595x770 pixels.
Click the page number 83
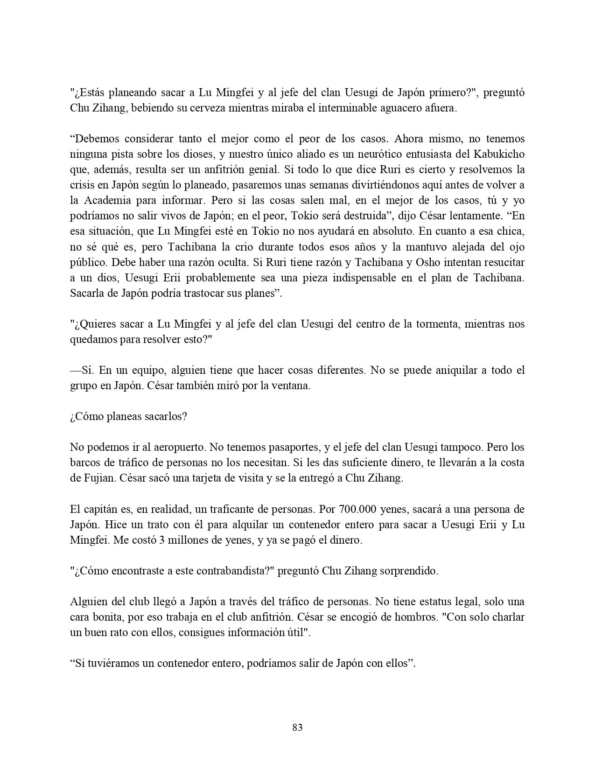click(297, 727)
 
